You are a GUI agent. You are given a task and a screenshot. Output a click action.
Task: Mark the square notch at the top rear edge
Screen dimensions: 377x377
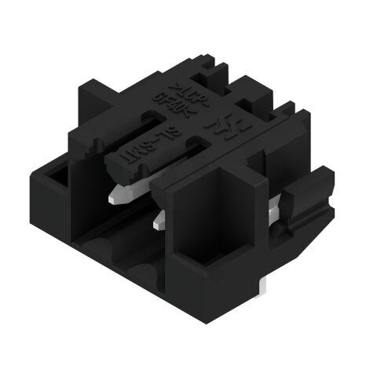click(210, 74)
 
